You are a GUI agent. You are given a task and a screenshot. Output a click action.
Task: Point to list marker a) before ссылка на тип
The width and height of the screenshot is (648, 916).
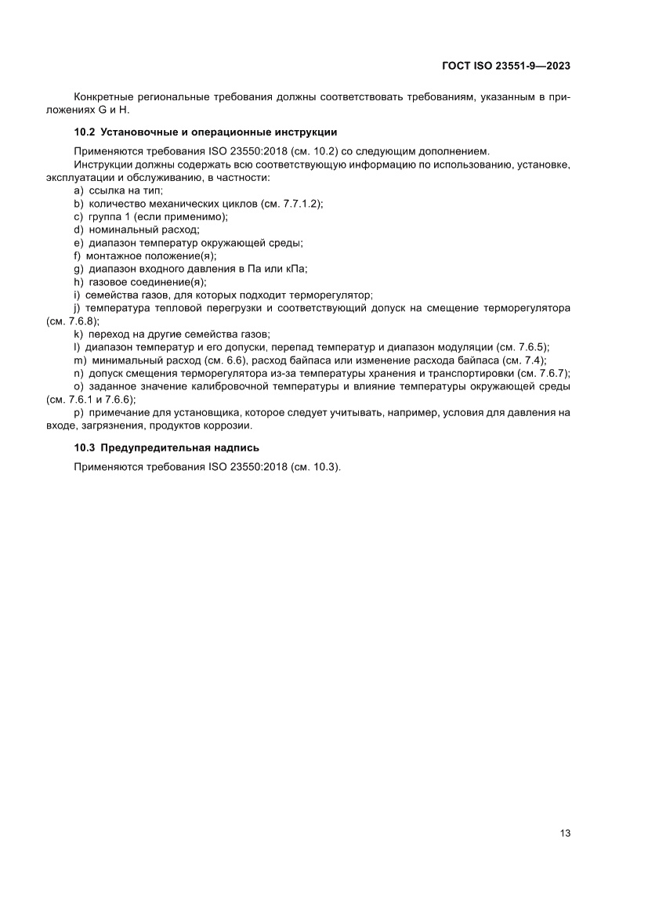click(x=78, y=190)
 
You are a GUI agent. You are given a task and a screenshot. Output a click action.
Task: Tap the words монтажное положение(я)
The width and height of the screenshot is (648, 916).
click(x=151, y=255)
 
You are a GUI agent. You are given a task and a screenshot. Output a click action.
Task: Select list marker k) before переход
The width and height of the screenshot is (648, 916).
click(x=78, y=334)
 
